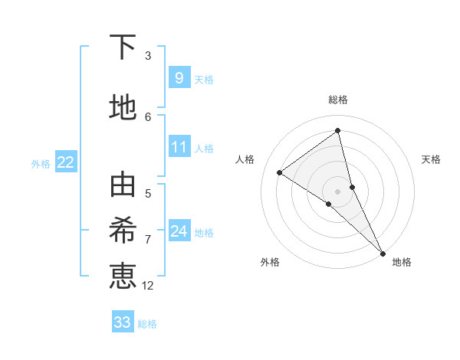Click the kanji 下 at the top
pos(123,48)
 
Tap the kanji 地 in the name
pos(123,108)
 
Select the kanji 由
pos(123,186)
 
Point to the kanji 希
pos(123,231)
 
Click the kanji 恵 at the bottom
pos(123,275)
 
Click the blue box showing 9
pos(179,78)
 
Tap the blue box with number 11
pos(179,147)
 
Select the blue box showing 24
pos(179,231)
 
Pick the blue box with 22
pos(66,162)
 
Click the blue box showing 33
pos(123,322)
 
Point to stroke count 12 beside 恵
pos(148,286)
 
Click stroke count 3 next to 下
pos(148,56)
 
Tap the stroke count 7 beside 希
pos(148,239)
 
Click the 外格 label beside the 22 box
pos(41,163)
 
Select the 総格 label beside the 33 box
pos(147,324)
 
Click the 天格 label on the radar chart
pos(432,159)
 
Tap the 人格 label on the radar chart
pos(245,159)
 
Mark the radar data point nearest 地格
pos(382,252)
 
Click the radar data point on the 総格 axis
pos(337,131)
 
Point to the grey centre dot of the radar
pos(337,191)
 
